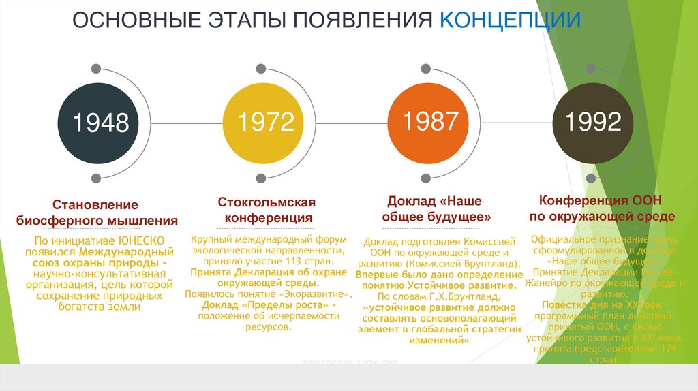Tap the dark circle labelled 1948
[101, 123]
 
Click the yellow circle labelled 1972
[265, 123]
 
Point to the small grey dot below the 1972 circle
[260, 178]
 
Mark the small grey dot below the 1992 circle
[591, 178]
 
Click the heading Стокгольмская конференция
[268, 210]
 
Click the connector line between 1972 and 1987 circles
[347, 123]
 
